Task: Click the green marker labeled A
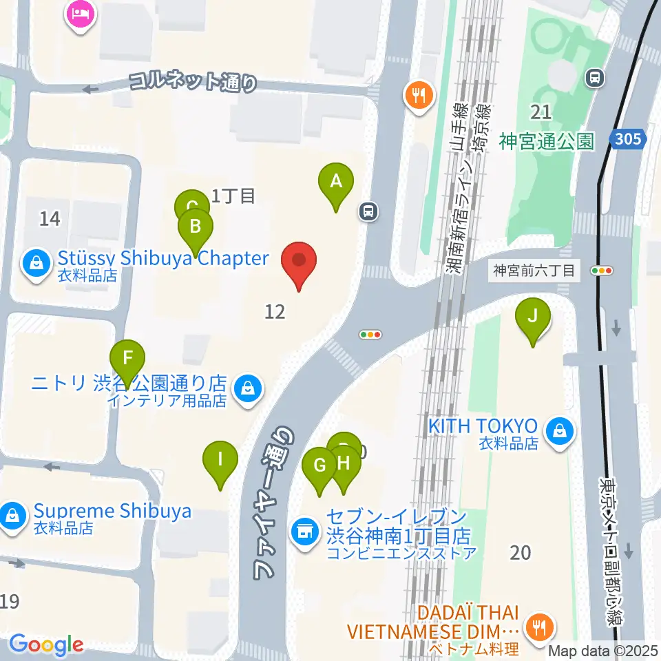(336, 182)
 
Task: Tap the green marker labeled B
(196, 227)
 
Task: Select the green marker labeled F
(128, 358)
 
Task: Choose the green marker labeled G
(320, 466)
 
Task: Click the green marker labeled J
(532, 317)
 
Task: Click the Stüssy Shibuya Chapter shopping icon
(32, 262)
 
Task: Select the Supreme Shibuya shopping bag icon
(12, 514)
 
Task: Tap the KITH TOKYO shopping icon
(558, 432)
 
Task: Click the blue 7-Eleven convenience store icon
(303, 531)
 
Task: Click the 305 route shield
(628, 140)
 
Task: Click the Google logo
(45, 644)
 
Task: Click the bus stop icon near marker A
(369, 211)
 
